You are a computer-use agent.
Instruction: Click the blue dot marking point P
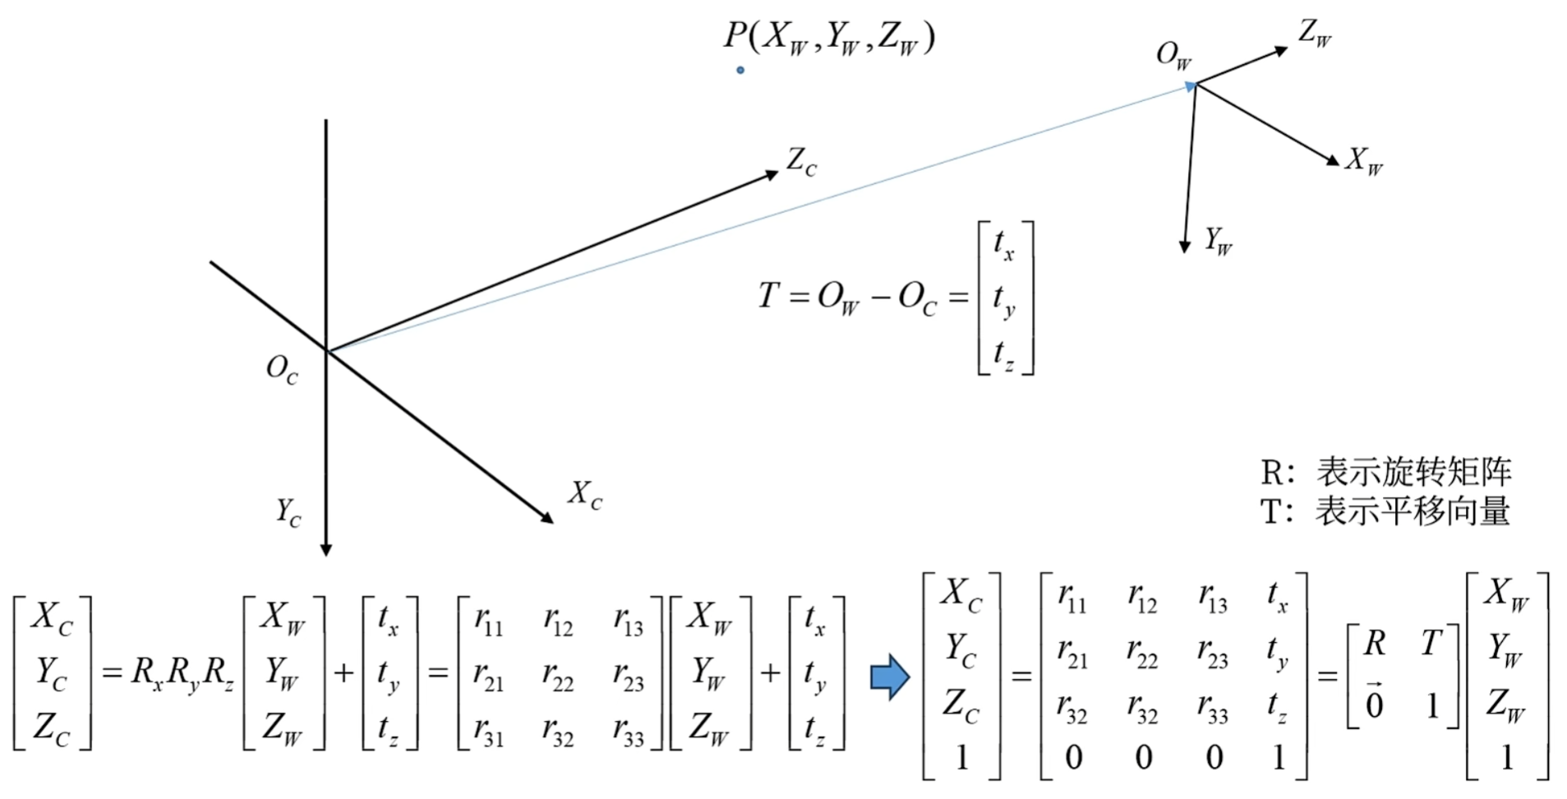click(740, 71)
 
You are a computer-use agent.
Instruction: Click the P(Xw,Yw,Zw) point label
click(829, 37)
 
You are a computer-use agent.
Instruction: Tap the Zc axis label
click(801, 161)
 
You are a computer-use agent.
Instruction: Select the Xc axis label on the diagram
click(585, 495)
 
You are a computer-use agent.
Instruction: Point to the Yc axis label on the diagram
click(288, 512)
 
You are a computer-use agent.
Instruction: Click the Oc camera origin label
click(281, 369)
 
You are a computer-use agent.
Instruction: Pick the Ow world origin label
click(1173, 55)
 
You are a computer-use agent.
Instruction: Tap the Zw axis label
click(1315, 34)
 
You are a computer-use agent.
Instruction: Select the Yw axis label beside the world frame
click(1218, 241)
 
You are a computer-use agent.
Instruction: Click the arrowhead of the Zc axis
click(771, 174)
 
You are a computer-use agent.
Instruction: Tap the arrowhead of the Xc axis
click(546, 517)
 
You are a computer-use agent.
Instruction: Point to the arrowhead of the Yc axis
click(326, 549)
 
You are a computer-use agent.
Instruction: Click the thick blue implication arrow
click(890, 677)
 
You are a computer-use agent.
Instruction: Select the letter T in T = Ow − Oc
click(768, 296)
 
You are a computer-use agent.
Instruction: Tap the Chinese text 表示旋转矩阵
click(1413, 472)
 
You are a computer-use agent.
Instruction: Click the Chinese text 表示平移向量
click(1413, 511)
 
